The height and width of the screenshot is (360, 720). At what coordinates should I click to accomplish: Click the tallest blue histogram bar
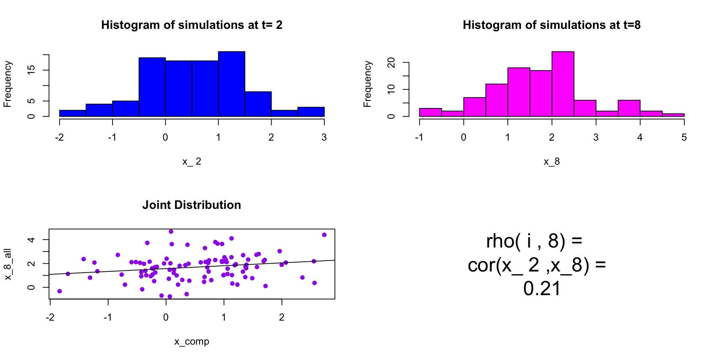click(x=231, y=84)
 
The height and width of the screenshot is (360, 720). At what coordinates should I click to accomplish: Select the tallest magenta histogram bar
click(x=562, y=84)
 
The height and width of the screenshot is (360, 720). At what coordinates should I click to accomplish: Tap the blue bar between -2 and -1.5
click(x=72, y=113)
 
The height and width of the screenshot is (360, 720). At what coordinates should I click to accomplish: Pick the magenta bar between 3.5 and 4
click(x=629, y=108)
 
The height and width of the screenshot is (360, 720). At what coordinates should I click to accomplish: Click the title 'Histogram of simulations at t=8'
click(x=552, y=25)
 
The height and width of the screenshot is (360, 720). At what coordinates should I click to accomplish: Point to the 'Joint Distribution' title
click(x=192, y=205)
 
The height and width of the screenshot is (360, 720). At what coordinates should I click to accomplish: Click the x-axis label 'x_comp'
click(x=192, y=342)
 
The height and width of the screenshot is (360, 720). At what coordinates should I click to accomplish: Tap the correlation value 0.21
click(x=542, y=289)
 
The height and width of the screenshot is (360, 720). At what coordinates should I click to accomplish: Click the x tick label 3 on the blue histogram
click(x=324, y=138)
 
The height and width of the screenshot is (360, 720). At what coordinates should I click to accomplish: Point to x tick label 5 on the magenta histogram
click(x=684, y=138)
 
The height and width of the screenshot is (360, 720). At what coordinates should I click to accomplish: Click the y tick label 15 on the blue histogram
click(x=31, y=70)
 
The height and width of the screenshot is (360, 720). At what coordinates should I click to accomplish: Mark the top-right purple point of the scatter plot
click(x=324, y=235)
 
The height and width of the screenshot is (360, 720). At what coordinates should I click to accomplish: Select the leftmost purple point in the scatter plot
click(x=60, y=291)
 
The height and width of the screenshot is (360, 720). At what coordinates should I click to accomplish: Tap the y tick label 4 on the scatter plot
click(x=31, y=240)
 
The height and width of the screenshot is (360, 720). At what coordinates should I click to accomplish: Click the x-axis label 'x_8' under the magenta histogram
click(x=552, y=162)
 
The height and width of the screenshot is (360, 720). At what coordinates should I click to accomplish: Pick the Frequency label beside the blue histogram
click(x=7, y=84)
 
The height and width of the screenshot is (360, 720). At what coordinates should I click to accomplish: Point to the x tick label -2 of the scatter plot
click(x=50, y=318)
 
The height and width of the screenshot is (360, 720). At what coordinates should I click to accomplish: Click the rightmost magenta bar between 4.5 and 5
click(x=673, y=115)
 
